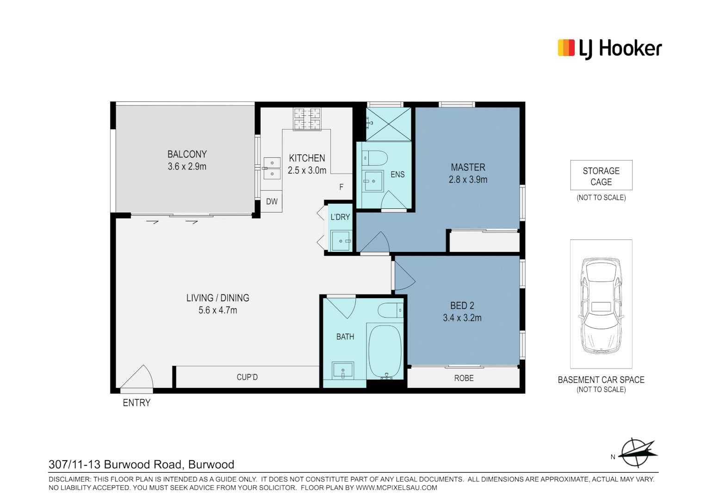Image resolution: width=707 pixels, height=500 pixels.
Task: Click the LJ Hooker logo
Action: coord(609,49)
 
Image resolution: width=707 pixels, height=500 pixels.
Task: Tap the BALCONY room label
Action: coord(187,154)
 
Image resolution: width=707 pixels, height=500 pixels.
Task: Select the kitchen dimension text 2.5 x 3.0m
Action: coord(307,170)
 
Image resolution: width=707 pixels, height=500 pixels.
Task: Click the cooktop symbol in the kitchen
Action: coord(307,119)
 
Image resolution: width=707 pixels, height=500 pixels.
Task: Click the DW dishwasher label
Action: coord(272,201)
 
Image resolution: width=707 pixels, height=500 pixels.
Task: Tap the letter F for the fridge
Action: coord(341,187)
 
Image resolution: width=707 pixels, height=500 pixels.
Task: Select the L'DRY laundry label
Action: coord(340,217)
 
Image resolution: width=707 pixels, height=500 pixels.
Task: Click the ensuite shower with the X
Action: coord(388,124)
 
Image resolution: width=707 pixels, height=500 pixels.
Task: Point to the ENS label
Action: coord(397,175)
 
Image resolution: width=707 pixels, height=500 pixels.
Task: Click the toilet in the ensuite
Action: coord(374,158)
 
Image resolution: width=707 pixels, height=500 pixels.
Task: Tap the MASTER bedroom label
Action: coord(468,167)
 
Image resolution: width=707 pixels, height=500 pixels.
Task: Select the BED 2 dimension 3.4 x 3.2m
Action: coord(462,318)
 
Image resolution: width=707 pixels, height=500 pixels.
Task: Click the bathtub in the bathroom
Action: coord(385,352)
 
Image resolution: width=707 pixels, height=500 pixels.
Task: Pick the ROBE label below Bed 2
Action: coord(464,378)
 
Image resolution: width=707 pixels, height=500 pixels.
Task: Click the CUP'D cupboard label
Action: coord(247,377)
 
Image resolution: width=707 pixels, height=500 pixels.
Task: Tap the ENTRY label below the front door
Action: coord(136,403)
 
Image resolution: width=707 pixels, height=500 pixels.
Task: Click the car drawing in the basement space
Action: coord(601,306)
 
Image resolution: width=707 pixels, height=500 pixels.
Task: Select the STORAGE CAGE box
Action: coord(601,175)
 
